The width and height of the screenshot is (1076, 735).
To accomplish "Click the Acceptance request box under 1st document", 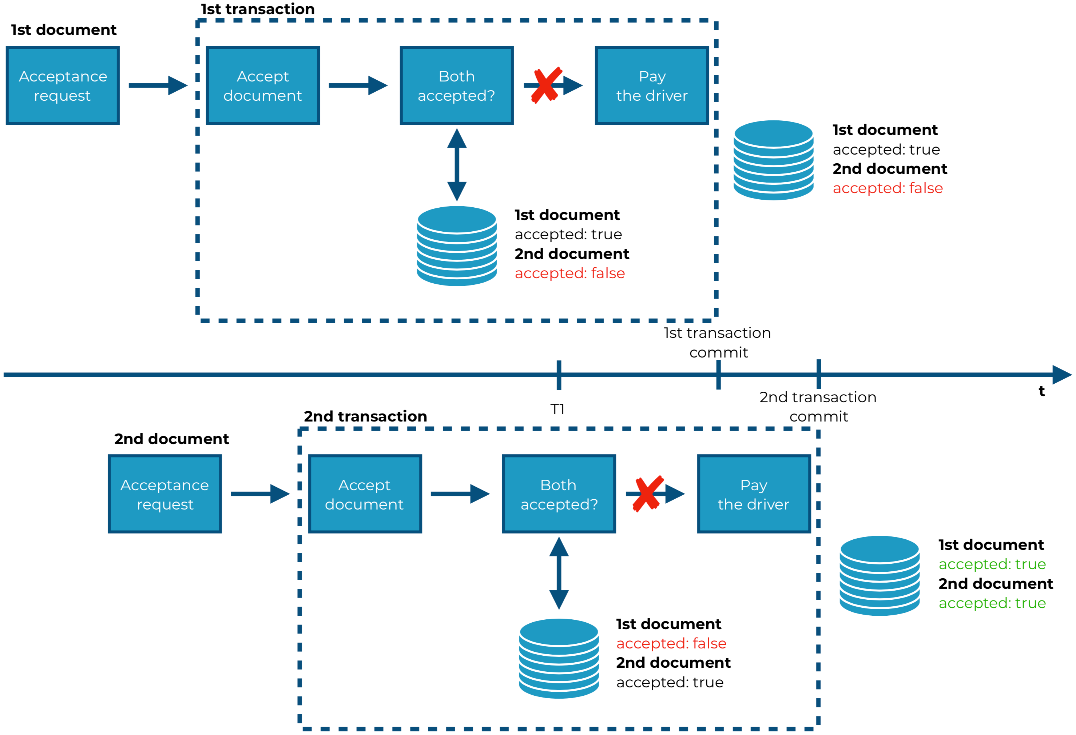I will (x=63, y=85).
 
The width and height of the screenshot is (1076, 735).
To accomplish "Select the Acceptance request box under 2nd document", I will (x=165, y=494).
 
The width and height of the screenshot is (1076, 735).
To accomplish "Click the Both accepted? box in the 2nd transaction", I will (x=559, y=494).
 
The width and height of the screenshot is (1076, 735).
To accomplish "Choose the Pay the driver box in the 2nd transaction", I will (x=754, y=494).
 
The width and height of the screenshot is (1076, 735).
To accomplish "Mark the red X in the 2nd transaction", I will (x=648, y=494).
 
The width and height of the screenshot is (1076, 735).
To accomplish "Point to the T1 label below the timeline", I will (x=557, y=409).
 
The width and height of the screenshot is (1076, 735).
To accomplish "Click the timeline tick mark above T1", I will (x=559, y=375).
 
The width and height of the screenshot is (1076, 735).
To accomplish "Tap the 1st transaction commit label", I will (x=718, y=343).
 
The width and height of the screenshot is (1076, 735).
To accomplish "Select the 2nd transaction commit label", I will (x=818, y=406).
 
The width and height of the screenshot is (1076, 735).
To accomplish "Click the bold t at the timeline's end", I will (x=1041, y=392).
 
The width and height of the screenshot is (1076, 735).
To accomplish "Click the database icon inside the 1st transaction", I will (x=457, y=246).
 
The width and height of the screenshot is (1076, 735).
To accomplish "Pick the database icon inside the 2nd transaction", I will (x=559, y=658).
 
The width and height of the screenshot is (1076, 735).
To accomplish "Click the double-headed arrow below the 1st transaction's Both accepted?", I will (x=457, y=165).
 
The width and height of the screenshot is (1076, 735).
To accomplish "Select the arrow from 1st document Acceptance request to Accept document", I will (x=158, y=85).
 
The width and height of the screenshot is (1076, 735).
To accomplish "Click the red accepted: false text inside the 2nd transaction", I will (x=671, y=643).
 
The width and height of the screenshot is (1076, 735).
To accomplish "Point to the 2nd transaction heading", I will (x=365, y=416).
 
